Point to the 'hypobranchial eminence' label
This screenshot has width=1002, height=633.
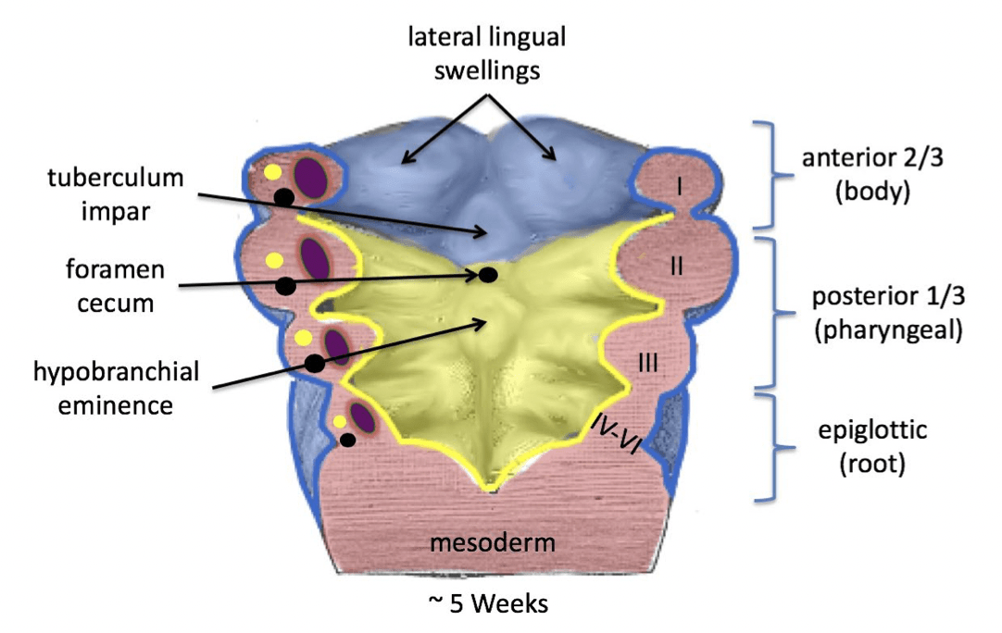(x=117, y=388)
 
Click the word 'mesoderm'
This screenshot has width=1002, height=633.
(x=493, y=542)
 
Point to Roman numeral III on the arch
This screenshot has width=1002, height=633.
(x=648, y=364)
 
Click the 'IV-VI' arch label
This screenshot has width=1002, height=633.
(x=613, y=432)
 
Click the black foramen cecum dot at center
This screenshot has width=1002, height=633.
(x=487, y=275)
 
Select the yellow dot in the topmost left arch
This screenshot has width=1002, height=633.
(x=272, y=172)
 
